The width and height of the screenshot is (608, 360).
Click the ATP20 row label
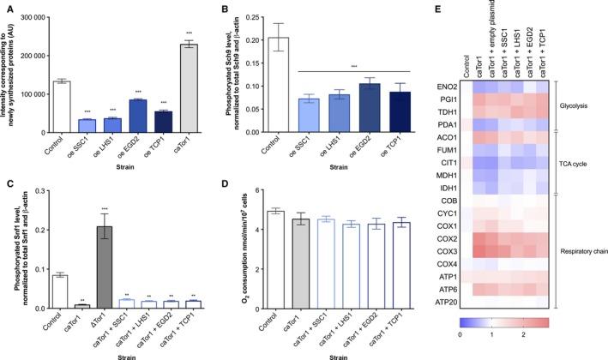[443, 301]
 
